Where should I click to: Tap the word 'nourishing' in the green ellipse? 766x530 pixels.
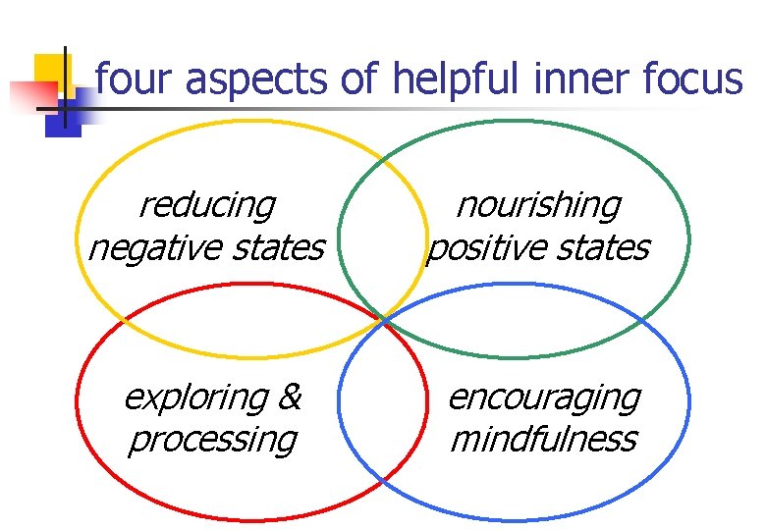pyautogui.click(x=539, y=206)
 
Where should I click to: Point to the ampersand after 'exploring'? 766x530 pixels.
pyautogui.click(x=290, y=397)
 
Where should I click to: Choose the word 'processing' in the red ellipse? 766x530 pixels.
pyautogui.click(x=211, y=440)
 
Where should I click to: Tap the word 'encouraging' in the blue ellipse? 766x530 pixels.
pyautogui.click(x=544, y=398)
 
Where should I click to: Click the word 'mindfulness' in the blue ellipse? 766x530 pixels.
pyautogui.click(x=543, y=439)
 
